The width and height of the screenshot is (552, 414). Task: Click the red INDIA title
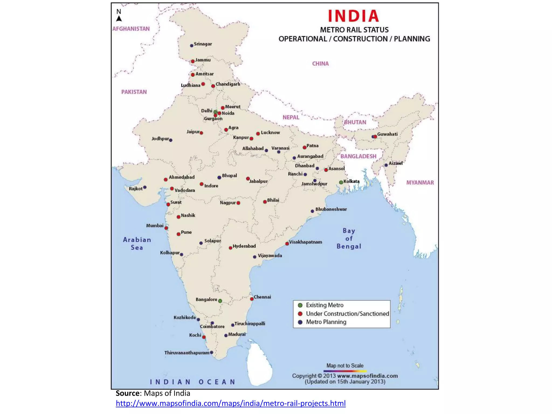click(353, 16)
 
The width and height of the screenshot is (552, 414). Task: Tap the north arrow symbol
click(119, 19)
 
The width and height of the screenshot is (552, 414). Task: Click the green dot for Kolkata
click(341, 182)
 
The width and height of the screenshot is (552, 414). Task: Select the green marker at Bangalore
click(220, 301)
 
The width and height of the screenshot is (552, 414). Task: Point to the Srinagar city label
click(203, 44)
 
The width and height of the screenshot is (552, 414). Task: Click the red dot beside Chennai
click(252, 299)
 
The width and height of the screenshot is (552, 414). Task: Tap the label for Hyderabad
click(244, 246)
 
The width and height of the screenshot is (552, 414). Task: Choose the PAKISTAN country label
click(134, 92)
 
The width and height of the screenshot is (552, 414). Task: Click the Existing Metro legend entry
click(325, 305)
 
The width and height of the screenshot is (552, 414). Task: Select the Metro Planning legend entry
click(326, 322)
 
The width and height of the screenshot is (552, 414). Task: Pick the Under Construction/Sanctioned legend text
click(347, 314)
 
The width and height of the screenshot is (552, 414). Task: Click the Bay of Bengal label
click(349, 239)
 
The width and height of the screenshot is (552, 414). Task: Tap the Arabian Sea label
click(137, 243)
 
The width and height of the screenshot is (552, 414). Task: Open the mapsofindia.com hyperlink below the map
click(230, 403)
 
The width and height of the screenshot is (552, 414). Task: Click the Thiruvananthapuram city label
click(187, 353)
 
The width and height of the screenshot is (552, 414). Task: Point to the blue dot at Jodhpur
click(171, 140)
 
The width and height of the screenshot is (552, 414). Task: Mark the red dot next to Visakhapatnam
click(287, 244)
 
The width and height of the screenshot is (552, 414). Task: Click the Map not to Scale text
click(345, 365)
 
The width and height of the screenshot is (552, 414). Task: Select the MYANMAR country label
click(420, 183)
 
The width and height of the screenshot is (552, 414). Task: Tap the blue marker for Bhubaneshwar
click(312, 211)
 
